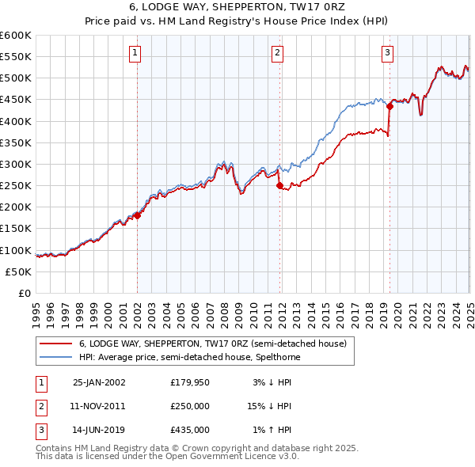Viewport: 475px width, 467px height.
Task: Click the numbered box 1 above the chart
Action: pyautogui.click(x=135, y=53)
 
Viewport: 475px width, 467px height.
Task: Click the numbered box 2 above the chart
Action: pyautogui.click(x=278, y=53)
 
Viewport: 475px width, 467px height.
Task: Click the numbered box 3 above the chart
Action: pyautogui.click(x=387, y=53)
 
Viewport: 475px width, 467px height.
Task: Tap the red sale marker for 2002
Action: pyautogui.click(x=137, y=215)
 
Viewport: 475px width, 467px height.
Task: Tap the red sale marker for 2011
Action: pyautogui.click(x=279, y=186)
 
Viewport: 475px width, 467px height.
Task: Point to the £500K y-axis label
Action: pyautogui.click(x=16, y=78)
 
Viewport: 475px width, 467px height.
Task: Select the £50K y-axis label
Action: pyautogui.click(x=18, y=271)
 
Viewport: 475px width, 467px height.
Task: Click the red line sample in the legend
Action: pyautogui.click(x=55, y=344)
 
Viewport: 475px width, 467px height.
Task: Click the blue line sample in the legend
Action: pyautogui.click(x=55, y=357)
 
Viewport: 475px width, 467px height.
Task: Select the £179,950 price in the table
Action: pyautogui.click(x=189, y=382)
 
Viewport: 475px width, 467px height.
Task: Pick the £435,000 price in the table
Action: pyautogui.click(x=189, y=430)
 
